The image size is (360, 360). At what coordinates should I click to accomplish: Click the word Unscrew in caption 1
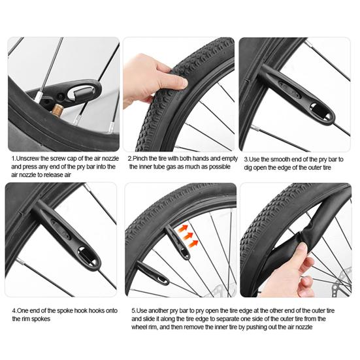coord(31,158)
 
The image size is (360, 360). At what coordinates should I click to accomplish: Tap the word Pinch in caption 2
coord(140,158)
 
